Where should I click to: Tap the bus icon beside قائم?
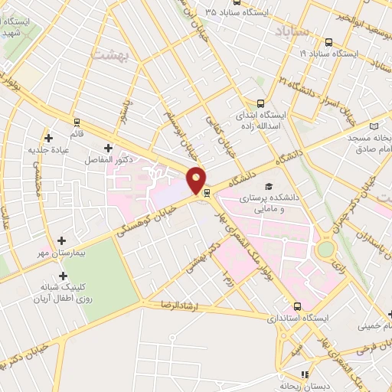[x=76, y=122]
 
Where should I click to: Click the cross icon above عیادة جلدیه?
[x=50, y=139]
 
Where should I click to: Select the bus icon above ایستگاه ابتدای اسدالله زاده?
[x=260, y=103]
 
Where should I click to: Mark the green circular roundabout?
[x=327, y=248]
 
